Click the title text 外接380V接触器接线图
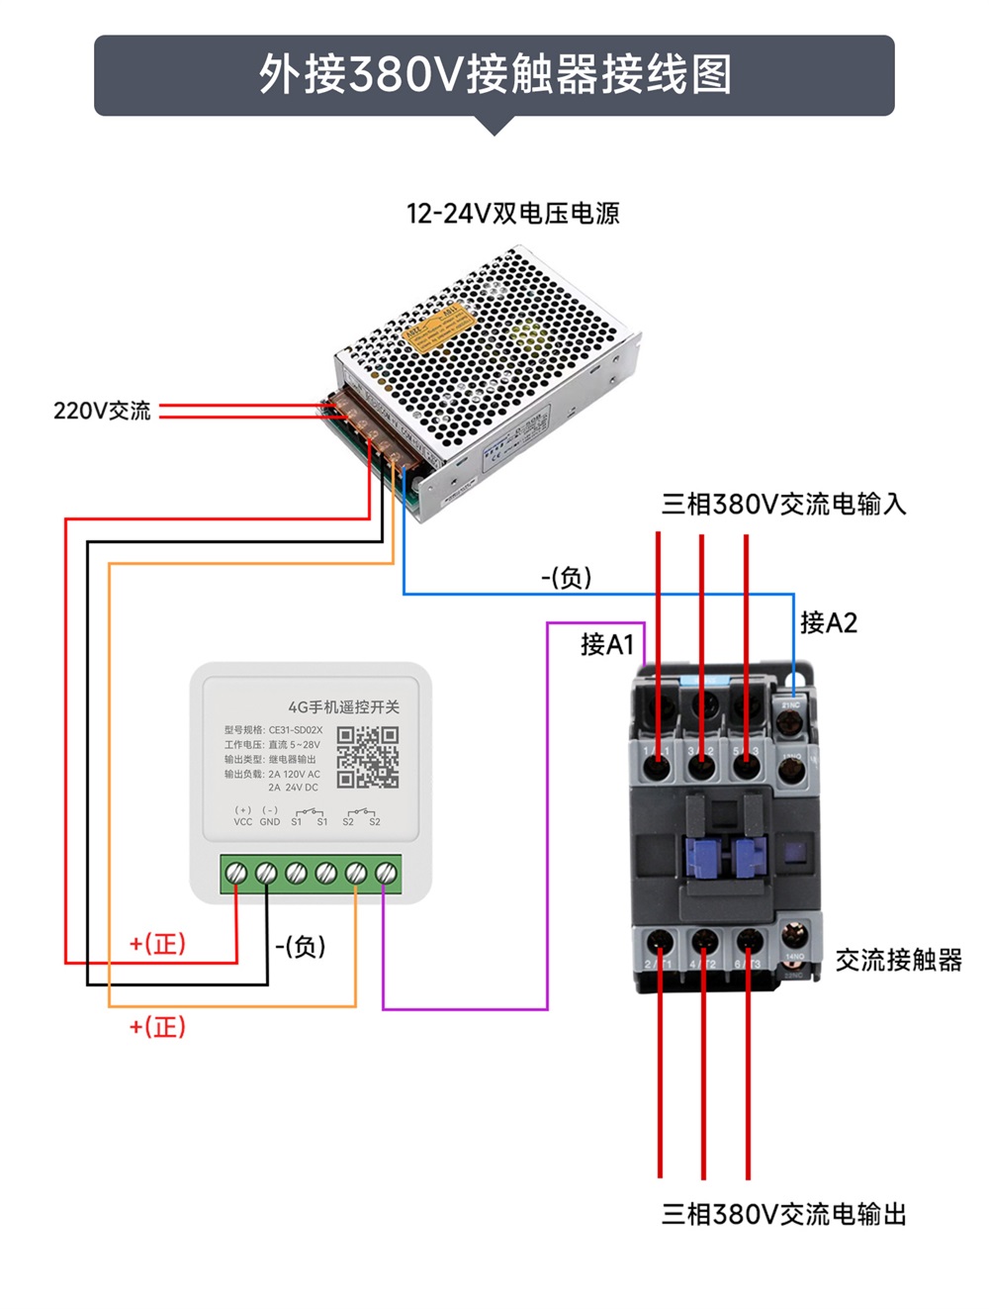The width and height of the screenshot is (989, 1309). click(494, 74)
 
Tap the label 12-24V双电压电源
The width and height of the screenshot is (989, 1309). click(512, 214)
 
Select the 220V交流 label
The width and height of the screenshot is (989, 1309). click(102, 411)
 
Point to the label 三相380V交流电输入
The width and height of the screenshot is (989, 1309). click(783, 505)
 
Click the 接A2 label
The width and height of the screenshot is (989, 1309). click(829, 622)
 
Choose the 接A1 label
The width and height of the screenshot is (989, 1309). click(606, 644)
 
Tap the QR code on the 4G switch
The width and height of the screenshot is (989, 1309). click(367, 757)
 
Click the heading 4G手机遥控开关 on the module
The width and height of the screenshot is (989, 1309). click(343, 706)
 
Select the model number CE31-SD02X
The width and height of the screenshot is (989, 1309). click(295, 730)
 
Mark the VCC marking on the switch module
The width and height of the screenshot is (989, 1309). click(242, 822)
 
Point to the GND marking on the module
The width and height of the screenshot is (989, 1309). click(270, 822)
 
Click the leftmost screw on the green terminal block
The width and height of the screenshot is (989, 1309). click(236, 873)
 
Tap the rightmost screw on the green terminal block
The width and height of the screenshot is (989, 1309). click(387, 873)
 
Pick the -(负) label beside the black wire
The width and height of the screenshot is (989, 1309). click(300, 947)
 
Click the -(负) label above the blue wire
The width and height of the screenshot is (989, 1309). click(566, 577)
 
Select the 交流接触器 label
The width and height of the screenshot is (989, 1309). click(898, 960)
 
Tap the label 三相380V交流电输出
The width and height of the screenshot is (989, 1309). click(783, 1214)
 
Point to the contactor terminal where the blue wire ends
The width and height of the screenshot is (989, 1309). click(791, 721)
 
